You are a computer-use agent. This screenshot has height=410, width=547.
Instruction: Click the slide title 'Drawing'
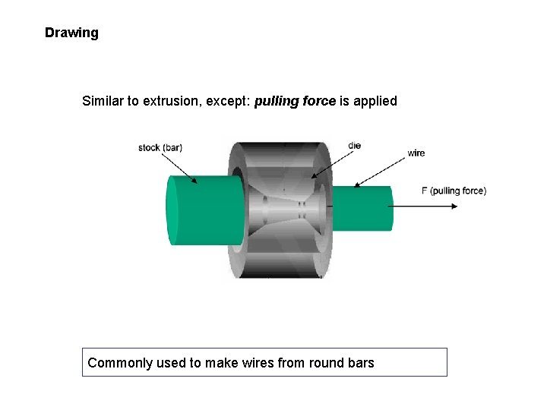(71, 33)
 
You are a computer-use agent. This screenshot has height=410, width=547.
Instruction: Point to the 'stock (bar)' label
(160, 147)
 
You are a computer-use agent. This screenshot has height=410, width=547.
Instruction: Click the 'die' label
(355, 145)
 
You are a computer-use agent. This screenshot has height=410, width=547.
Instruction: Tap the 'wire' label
(416, 153)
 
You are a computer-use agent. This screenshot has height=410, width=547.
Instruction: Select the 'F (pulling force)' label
(454, 191)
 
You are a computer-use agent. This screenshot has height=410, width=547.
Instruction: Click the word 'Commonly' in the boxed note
(119, 363)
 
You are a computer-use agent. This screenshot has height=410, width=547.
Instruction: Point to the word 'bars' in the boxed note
(360, 363)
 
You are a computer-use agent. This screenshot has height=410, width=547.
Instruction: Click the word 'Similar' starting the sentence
(103, 101)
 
